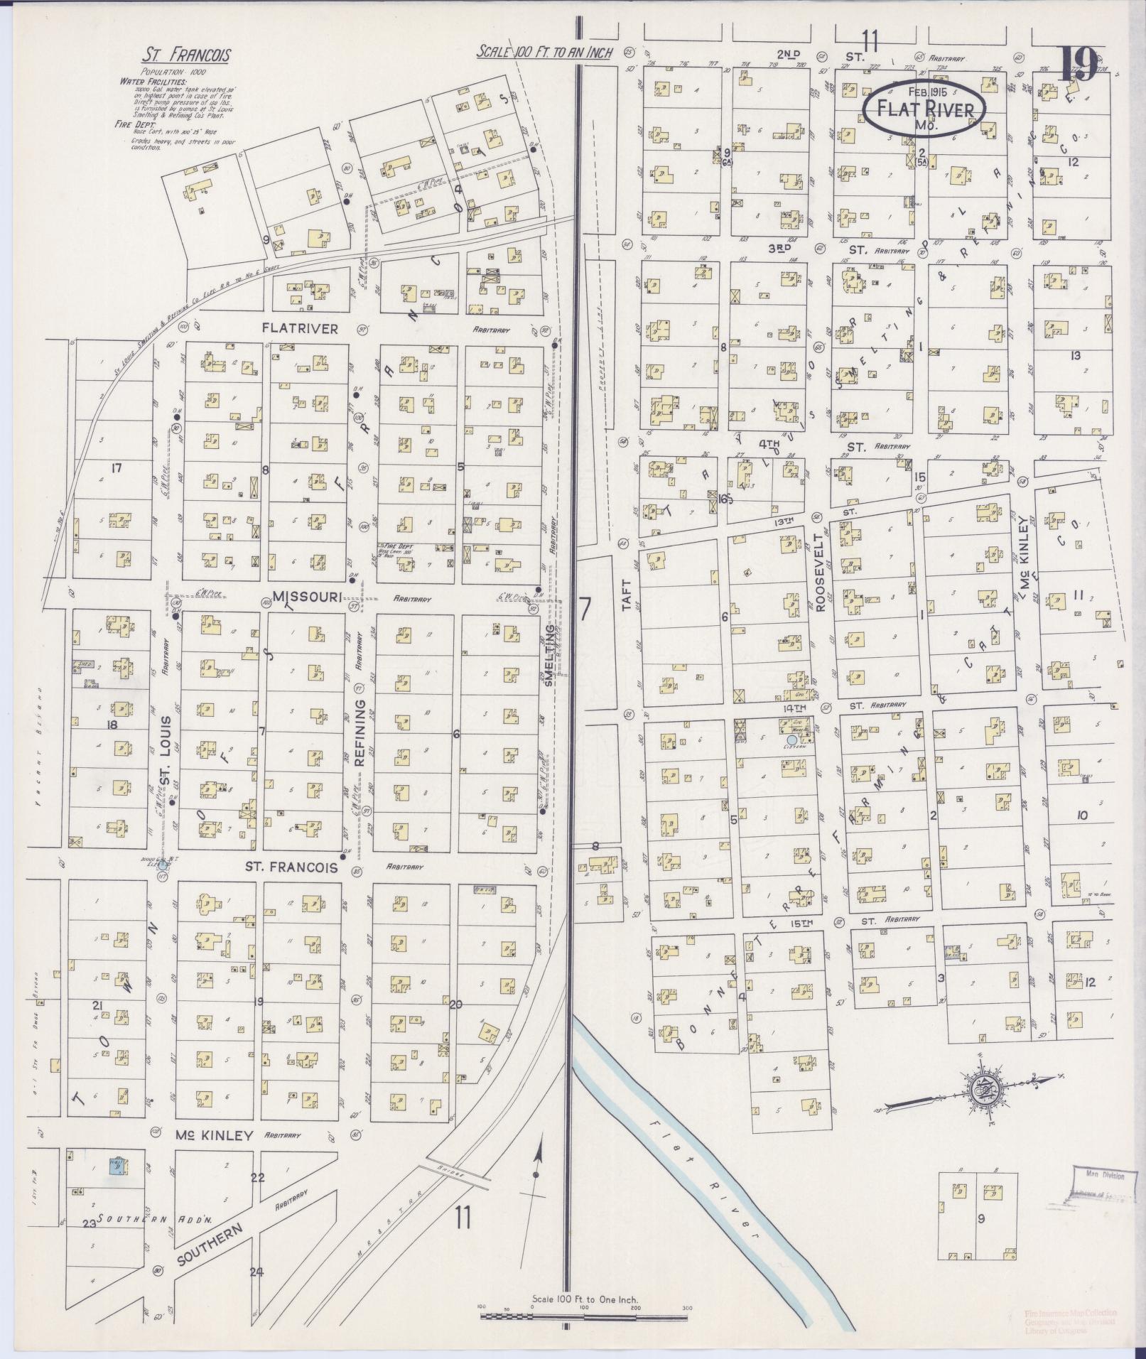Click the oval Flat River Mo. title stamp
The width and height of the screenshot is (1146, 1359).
(x=924, y=108)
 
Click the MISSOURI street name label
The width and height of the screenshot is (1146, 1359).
(x=307, y=596)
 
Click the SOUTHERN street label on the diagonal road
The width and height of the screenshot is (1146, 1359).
(x=210, y=1247)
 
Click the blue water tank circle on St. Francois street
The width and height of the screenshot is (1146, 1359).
(x=162, y=865)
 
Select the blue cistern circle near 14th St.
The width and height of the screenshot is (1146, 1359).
(x=792, y=740)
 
